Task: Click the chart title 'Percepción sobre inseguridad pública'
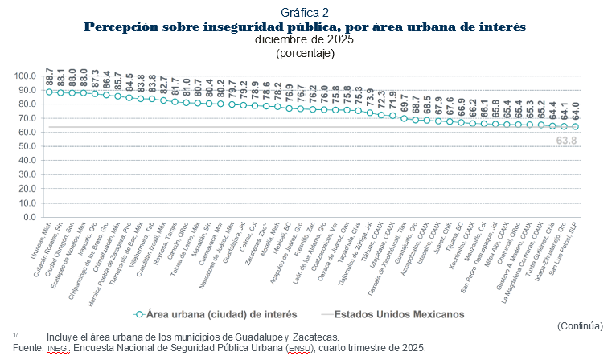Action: pyautogui.click(x=305, y=27)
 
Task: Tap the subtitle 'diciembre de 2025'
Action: pyautogui.click(x=305, y=39)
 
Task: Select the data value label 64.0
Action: pyautogui.click(x=575, y=111)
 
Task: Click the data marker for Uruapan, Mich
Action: pyautogui.click(x=49, y=92)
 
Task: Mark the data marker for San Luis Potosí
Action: pyautogui.click(x=575, y=127)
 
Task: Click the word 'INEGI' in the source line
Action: pyautogui.click(x=59, y=348)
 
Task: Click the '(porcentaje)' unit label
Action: pyautogui.click(x=305, y=52)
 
